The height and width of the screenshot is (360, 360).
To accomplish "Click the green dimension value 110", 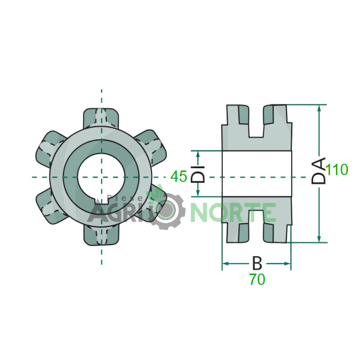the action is point(337,170).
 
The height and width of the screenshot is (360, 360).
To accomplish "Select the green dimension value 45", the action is point(179,176).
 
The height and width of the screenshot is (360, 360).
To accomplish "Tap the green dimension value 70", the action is point(257,279).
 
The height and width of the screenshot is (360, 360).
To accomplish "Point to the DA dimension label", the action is point(319,171).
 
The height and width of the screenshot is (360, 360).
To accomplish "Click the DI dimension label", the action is point(198,174).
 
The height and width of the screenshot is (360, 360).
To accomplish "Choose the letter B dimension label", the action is point(257,263).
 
